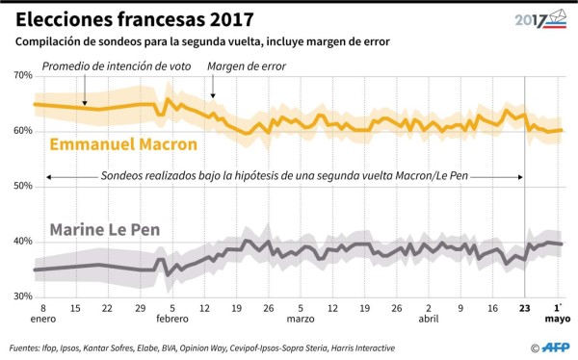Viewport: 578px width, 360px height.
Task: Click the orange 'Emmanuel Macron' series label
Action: (122, 145)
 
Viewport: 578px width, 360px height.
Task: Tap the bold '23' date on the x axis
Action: (524, 310)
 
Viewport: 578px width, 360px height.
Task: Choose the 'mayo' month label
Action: (560, 323)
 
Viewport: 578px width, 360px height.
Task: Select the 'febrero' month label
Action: (172, 323)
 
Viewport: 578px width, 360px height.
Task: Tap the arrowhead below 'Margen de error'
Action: (213, 97)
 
